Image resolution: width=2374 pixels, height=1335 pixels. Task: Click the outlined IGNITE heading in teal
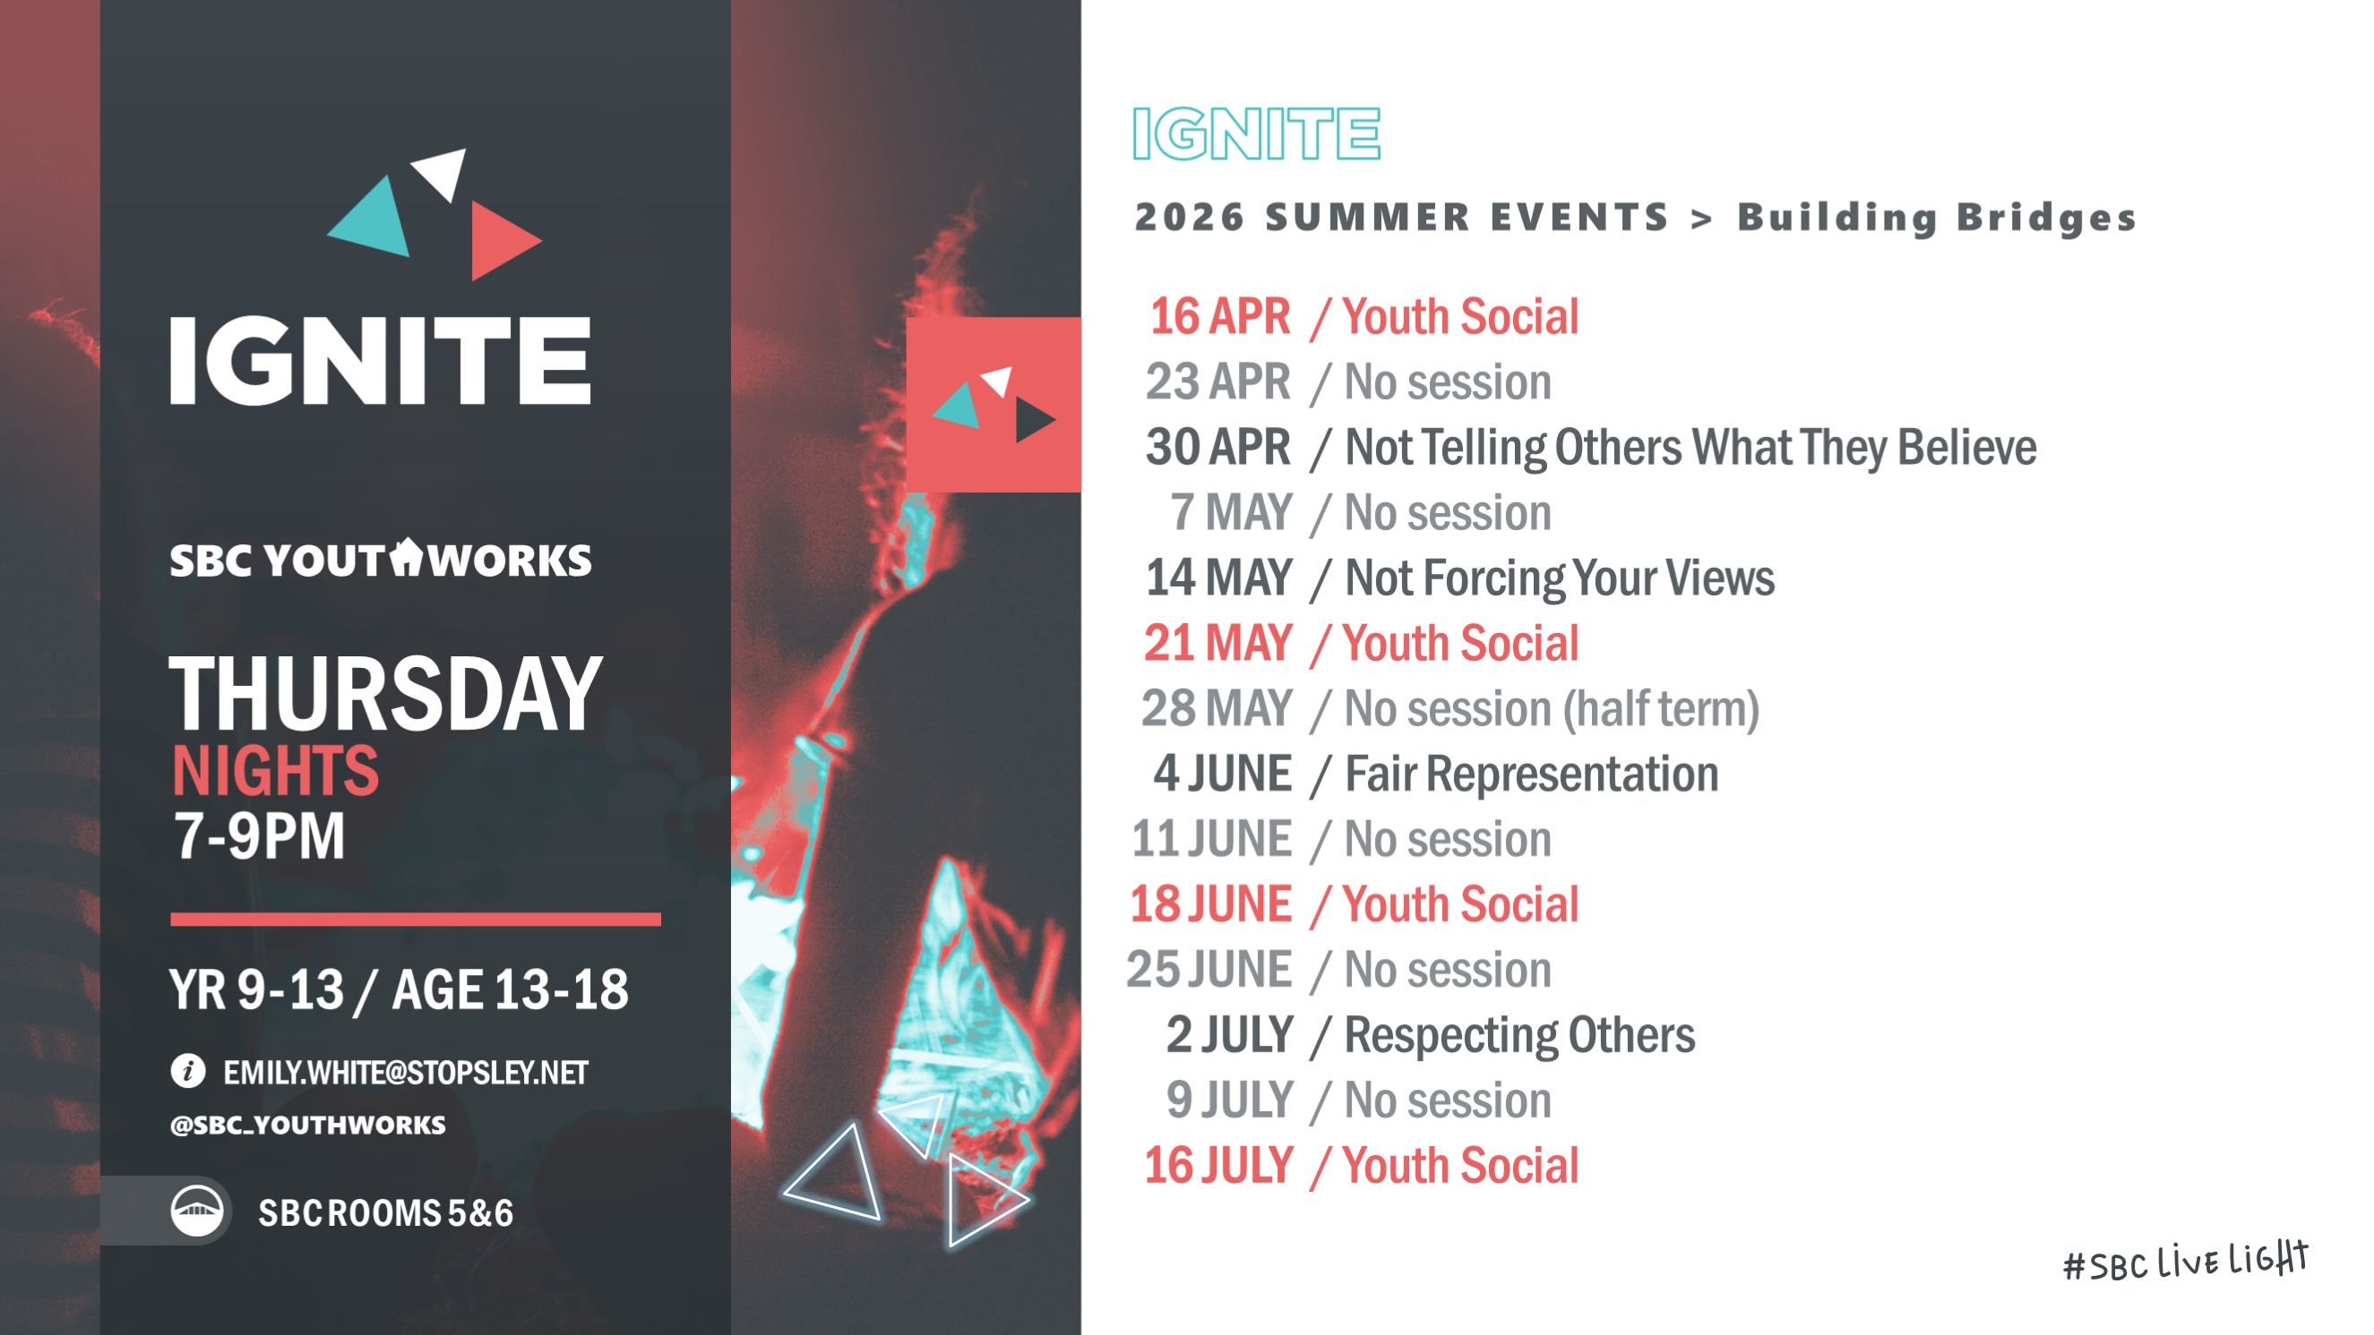click(1256, 133)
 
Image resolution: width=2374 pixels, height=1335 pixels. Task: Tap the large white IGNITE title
click(380, 360)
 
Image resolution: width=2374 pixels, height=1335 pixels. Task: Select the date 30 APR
click(1217, 447)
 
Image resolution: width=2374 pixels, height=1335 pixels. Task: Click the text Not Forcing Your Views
click(1560, 578)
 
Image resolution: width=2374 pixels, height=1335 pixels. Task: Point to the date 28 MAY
click(1217, 708)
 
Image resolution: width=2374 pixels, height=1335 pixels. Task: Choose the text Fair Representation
click(1532, 774)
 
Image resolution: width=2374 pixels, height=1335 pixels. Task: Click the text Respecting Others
click(1519, 1036)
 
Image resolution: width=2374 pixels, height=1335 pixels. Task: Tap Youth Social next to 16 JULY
click(1461, 1166)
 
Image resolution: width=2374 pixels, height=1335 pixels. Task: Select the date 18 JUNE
click(1210, 903)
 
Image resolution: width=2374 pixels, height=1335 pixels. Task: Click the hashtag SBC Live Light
click(2185, 1262)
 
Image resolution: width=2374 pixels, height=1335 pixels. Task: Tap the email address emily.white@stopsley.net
click(406, 1073)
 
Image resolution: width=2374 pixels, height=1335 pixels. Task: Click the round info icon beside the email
click(188, 1071)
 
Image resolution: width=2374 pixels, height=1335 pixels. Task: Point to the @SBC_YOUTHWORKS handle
click(308, 1125)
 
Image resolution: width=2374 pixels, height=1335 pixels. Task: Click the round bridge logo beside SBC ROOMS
click(196, 1211)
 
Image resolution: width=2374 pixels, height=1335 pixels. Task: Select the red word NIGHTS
click(276, 770)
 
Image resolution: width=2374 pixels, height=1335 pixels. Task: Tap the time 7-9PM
click(259, 836)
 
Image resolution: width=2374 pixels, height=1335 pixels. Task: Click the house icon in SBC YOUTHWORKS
click(406, 557)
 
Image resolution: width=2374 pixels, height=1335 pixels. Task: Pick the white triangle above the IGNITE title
click(442, 171)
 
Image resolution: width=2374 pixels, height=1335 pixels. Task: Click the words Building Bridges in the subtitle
click(1936, 218)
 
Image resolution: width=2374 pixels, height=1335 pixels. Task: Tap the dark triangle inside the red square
click(1033, 419)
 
